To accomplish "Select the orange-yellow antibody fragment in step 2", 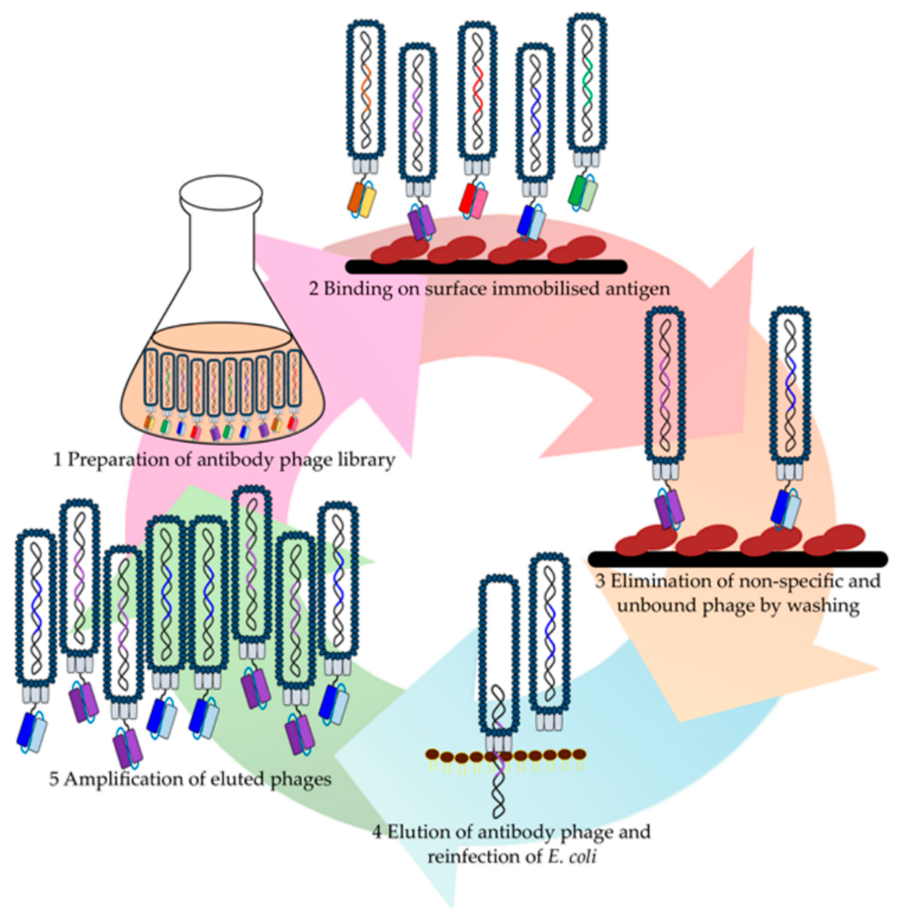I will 362,201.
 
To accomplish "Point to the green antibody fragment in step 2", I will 583,193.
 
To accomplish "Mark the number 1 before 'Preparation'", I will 58,460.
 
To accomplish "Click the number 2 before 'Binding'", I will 314,288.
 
